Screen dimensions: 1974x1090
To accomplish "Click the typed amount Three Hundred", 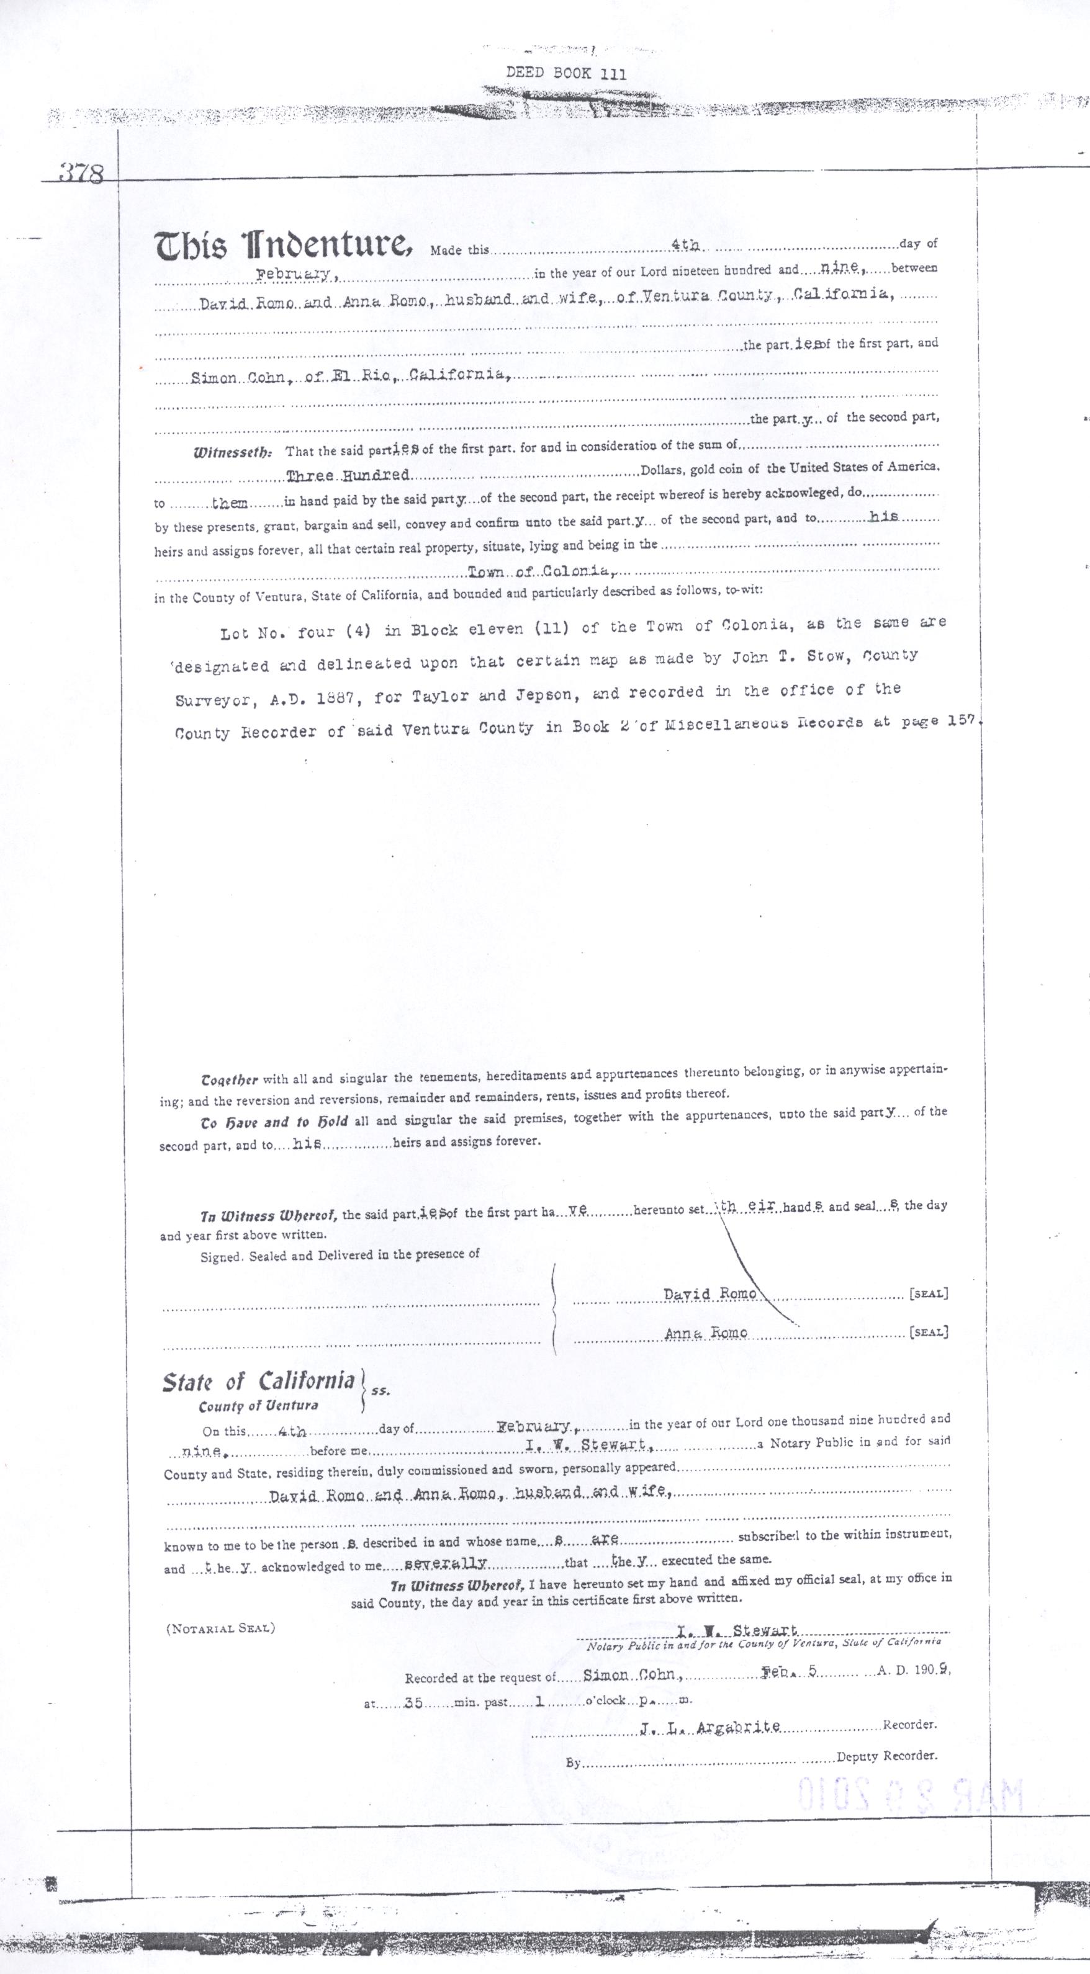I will (347, 476).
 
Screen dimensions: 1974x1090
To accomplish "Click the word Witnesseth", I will (232, 452).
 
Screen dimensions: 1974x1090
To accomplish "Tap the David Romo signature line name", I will (709, 1293).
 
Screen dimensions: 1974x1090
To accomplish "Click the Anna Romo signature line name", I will (705, 1333).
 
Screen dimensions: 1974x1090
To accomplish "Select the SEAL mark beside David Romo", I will (928, 1294).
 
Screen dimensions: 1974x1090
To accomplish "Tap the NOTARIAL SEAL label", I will (220, 1628).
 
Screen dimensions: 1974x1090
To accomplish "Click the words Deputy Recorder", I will (886, 1756).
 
